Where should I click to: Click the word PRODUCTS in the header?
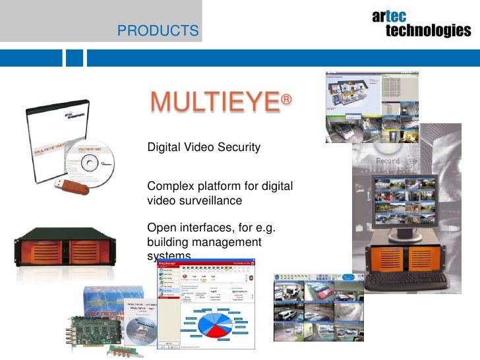pyautogui.click(x=157, y=30)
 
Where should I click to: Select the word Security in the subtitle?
pyautogui.click(x=239, y=147)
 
